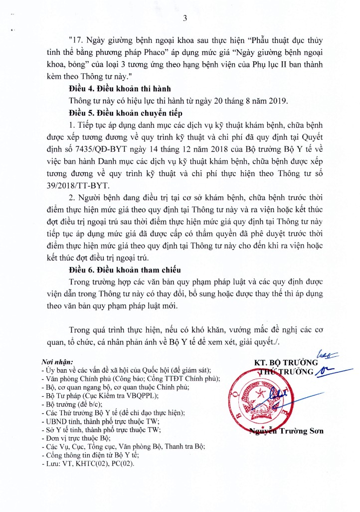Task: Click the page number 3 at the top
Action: pyautogui.click(x=184, y=19)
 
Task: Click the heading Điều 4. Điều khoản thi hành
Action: pyautogui.click(x=123, y=88)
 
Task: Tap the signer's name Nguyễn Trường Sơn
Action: pyautogui.click(x=286, y=431)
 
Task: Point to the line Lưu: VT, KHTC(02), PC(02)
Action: pyautogui.click(x=89, y=463)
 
